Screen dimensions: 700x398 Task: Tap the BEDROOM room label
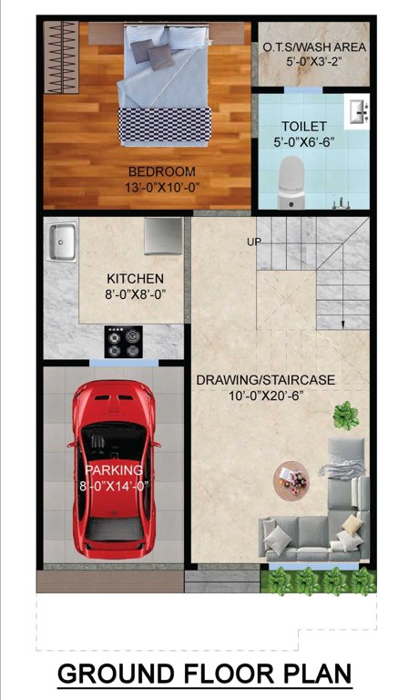163,171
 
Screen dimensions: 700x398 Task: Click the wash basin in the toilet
358,111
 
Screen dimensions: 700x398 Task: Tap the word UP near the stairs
254,242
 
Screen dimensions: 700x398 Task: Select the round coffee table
292,479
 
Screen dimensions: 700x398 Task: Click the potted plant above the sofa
344,416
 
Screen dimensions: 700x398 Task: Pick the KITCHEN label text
136,278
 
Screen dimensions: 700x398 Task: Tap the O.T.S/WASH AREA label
314,46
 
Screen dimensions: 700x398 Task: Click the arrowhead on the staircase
342,322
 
